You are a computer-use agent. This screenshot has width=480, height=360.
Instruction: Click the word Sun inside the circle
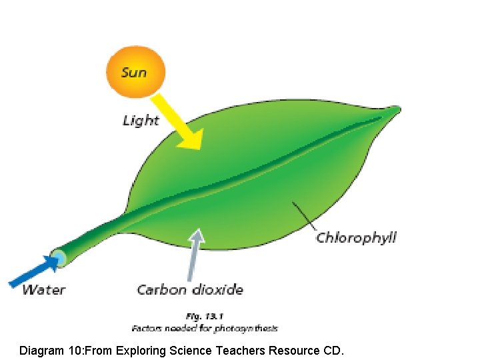pyautogui.click(x=134, y=71)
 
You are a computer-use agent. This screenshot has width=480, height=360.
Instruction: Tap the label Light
pyautogui.click(x=141, y=121)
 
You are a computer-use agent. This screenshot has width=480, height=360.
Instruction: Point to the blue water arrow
pyautogui.click(x=33, y=271)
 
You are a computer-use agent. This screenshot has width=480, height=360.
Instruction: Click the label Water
pyautogui.click(x=44, y=289)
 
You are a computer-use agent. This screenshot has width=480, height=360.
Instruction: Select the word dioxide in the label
pyautogui.click(x=218, y=289)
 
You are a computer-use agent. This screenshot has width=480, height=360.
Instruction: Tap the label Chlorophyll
pyautogui.click(x=356, y=237)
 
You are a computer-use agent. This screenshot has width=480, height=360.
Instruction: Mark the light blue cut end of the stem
pyautogui.click(x=59, y=258)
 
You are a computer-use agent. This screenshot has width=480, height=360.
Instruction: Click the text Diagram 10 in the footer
pyautogui.click(x=51, y=349)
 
